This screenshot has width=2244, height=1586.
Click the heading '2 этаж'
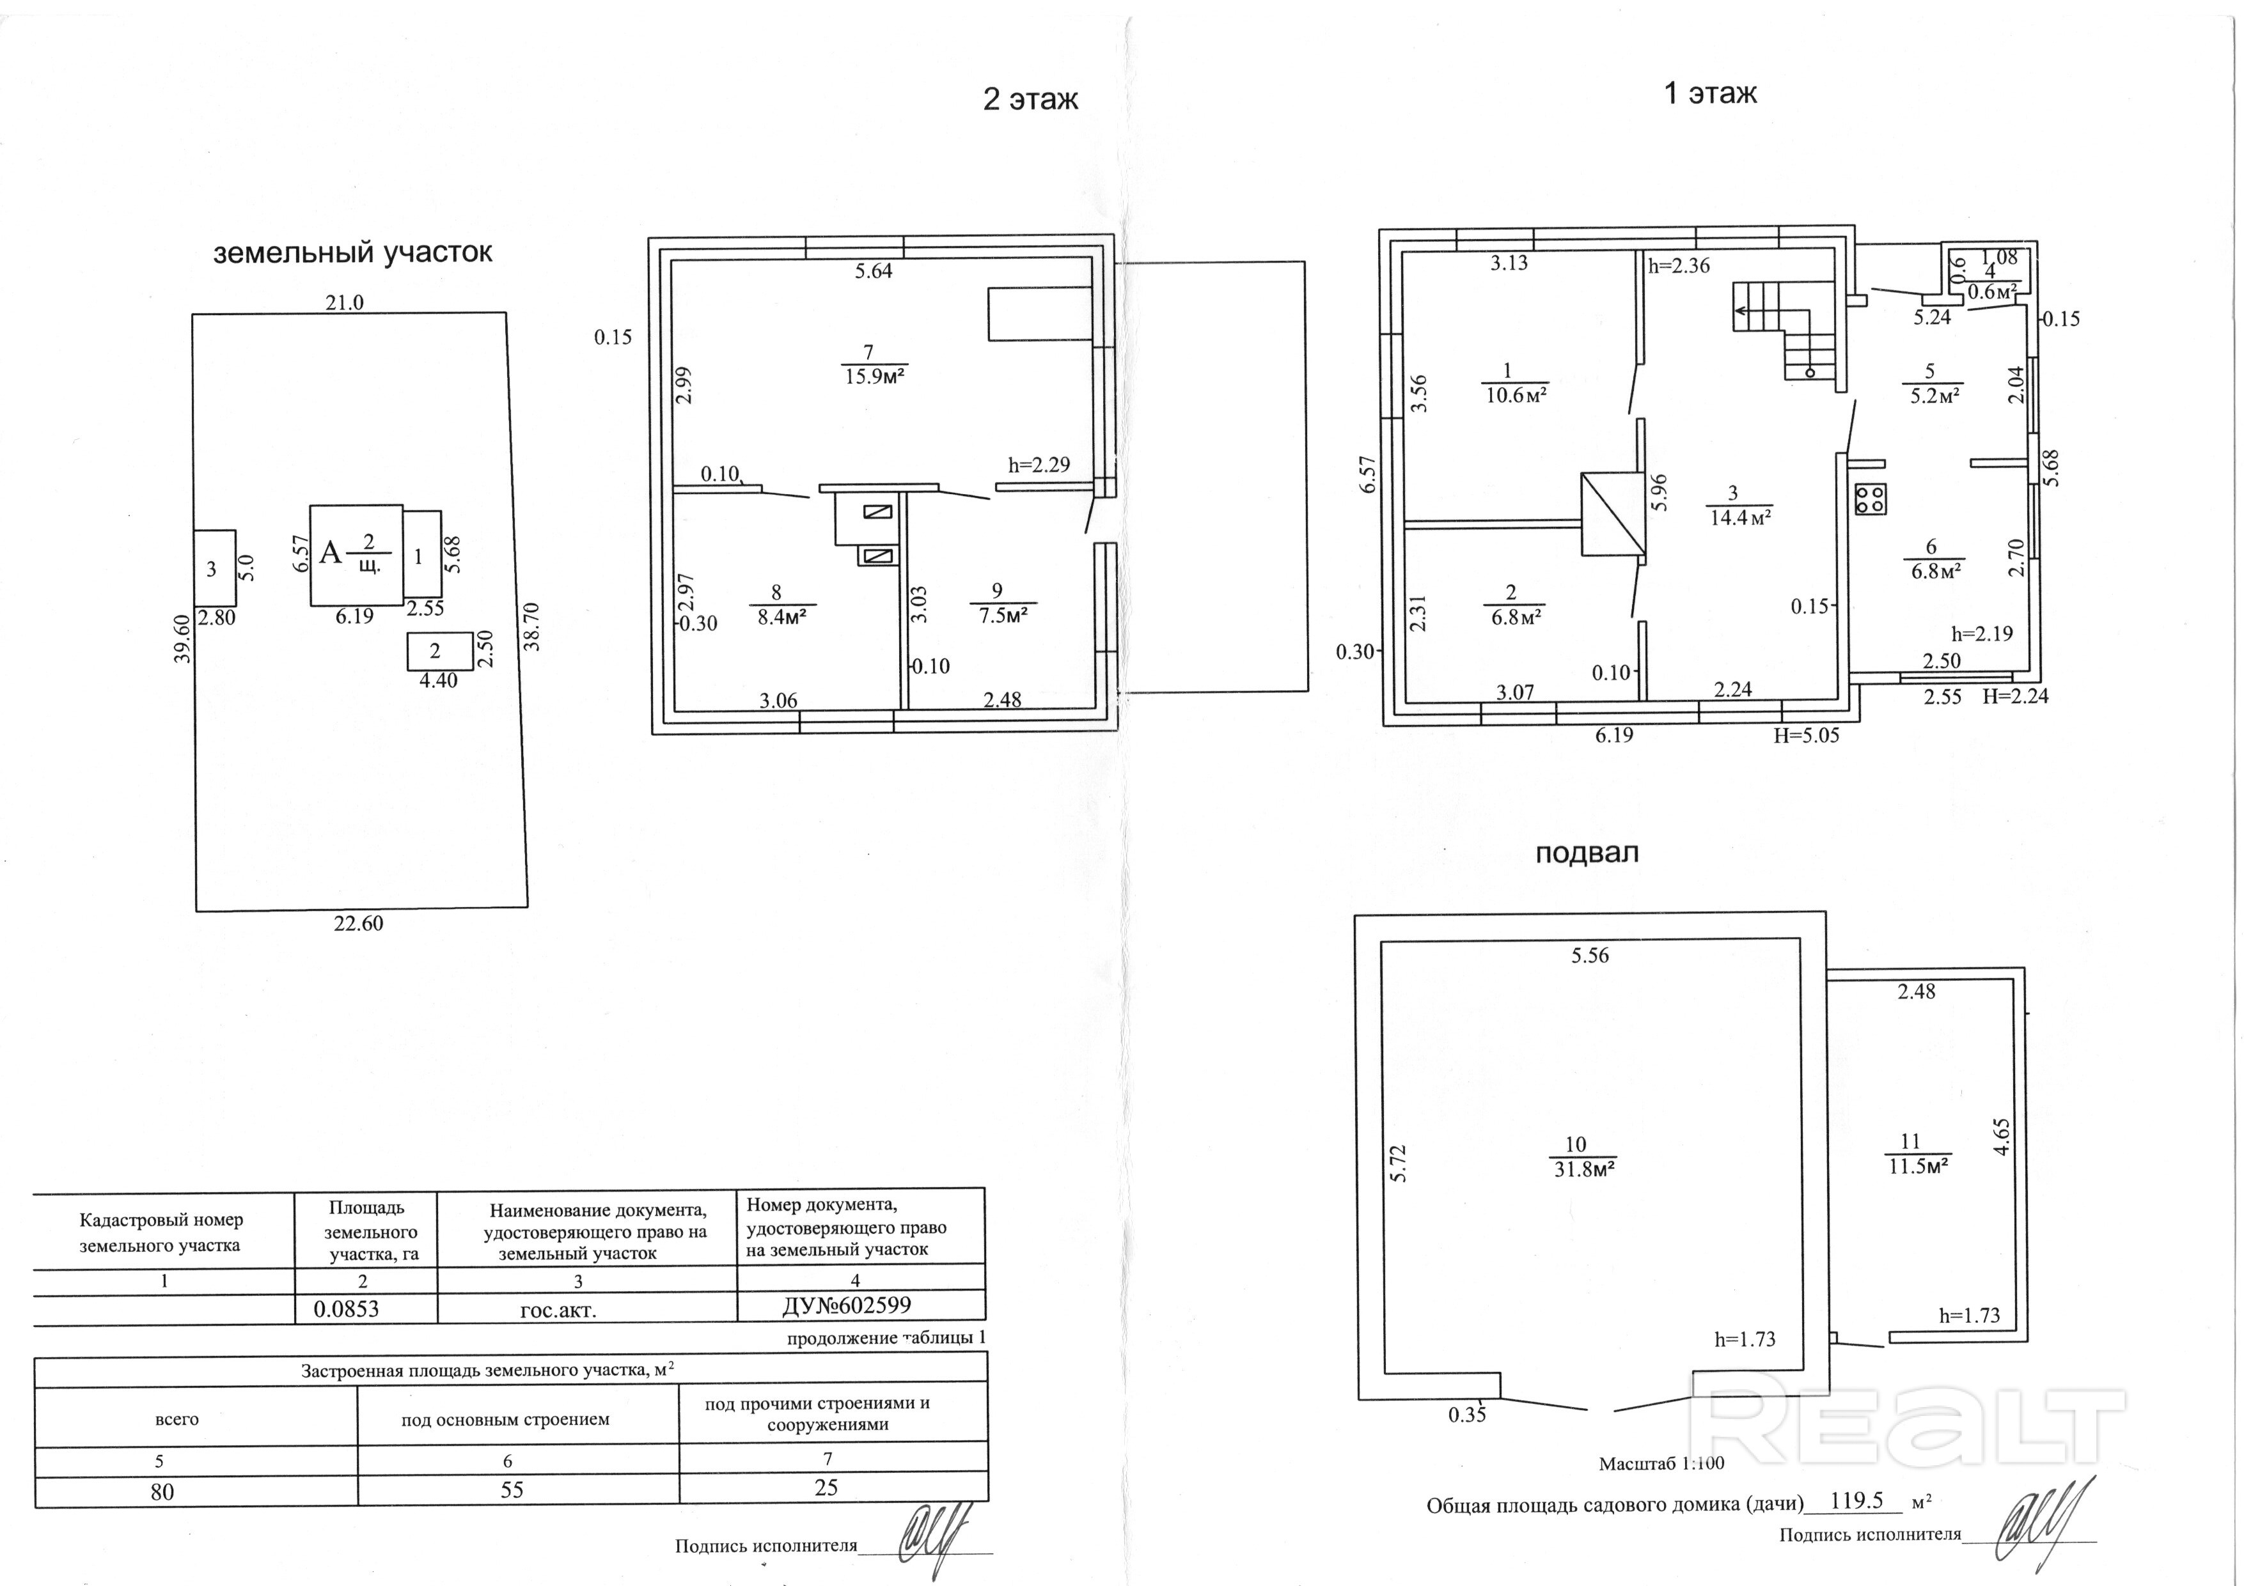pos(1030,100)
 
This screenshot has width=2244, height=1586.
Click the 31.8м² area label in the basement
pos(1584,1169)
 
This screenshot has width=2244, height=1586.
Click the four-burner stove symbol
pos(1871,499)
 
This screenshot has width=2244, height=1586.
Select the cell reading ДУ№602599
pos(847,1305)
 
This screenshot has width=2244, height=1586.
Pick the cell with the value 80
pos(162,1492)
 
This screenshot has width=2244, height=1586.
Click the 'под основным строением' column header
pos(505,1420)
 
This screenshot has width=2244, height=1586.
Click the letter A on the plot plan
pos(331,554)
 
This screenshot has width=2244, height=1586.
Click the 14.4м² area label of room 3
pos(1741,518)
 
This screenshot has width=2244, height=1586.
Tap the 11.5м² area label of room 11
pos(1920,1166)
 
